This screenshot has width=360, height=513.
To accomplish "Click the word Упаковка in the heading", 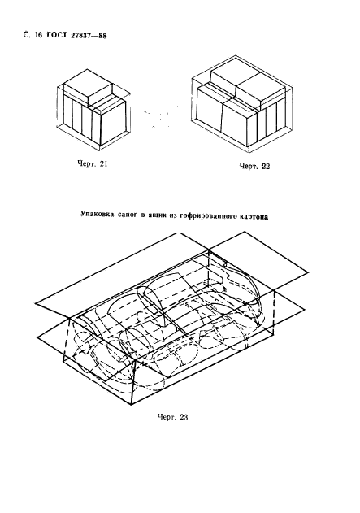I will point(99,217).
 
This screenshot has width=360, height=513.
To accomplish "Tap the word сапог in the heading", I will point(132,217).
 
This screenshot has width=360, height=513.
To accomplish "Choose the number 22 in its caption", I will point(264,166).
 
